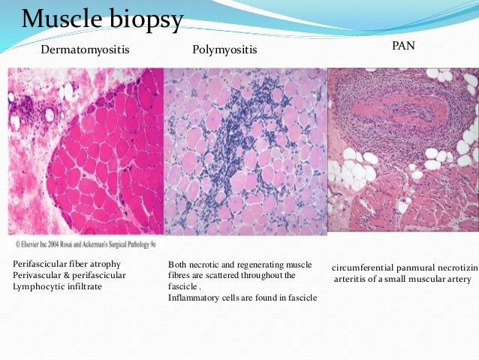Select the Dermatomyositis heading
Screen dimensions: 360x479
[x=85, y=50]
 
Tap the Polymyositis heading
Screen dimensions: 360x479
[x=224, y=50]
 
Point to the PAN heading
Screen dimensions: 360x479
[x=402, y=47]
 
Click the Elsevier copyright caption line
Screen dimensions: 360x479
[x=87, y=244]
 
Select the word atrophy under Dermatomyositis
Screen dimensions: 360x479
[x=106, y=265]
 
